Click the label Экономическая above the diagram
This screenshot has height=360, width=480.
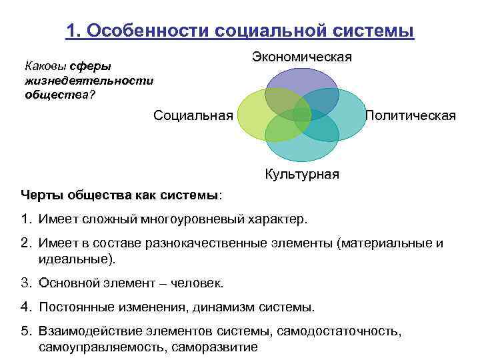(x=301, y=57)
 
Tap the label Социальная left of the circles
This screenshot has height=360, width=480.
(x=193, y=115)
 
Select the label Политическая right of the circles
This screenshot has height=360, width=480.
(x=411, y=115)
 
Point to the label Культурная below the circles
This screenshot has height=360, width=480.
(x=302, y=174)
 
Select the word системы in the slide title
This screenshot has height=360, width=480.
(x=375, y=31)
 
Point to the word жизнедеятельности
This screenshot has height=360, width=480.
(x=89, y=80)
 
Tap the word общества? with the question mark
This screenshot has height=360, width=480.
(x=60, y=94)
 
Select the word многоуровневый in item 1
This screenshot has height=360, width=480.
(x=197, y=218)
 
